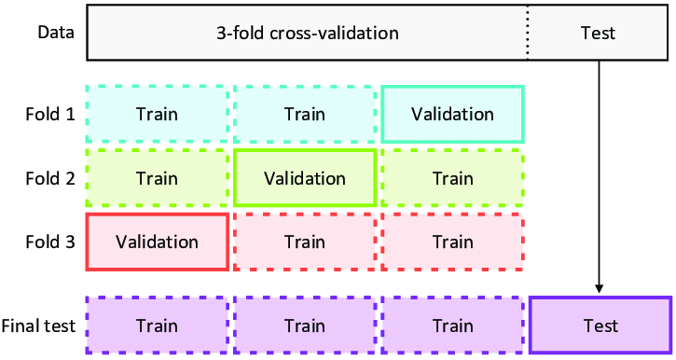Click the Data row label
(x=56, y=33)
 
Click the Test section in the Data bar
(x=598, y=33)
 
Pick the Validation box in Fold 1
(x=452, y=115)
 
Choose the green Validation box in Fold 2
(x=305, y=178)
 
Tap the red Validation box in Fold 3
(x=157, y=242)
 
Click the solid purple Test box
(x=600, y=326)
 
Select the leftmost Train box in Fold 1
(x=157, y=115)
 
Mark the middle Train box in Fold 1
(x=305, y=115)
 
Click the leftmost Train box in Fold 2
(x=157, y=178)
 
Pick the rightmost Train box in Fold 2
(x=452, y=178)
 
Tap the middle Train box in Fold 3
(x=305, y=242)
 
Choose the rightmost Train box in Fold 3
(x=452, y=242)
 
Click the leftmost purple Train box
(x=157, y=326)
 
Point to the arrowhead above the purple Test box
(x=599, y=288)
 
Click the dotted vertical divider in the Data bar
(x=528, y=33)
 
